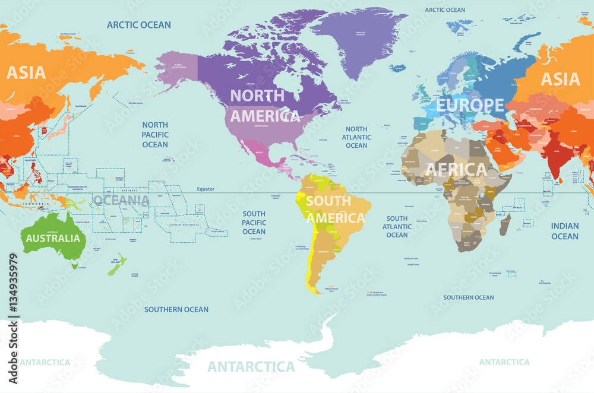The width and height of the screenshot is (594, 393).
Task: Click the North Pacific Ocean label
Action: click(155, 135)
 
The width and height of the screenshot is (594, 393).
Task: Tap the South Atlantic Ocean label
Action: click(397, 227)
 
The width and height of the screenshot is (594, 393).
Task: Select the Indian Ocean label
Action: click(564, 231)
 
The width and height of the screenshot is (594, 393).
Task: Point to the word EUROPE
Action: click(470, 105)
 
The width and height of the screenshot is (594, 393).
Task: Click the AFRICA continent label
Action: click(456, 170)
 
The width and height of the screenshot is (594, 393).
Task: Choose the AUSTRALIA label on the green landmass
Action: click(52, 238)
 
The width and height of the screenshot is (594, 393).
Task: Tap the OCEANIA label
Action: click(121, 199)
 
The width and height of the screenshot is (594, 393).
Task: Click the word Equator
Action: click(206, 189)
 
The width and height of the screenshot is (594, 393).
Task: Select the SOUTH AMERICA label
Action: click(336, 210)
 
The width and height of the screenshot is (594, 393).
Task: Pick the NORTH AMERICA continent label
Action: click(264, 105)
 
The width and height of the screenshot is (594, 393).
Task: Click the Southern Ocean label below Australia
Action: click(176, 309)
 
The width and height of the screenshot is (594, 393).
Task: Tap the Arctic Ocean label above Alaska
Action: click(138, 25)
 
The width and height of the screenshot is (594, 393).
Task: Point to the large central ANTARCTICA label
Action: click(251, 366)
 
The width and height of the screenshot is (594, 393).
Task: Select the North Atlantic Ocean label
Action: click(356, 137)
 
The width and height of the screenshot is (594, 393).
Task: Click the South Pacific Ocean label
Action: click(254, 223)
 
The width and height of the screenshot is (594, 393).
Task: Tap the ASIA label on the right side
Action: click(560, 79)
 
